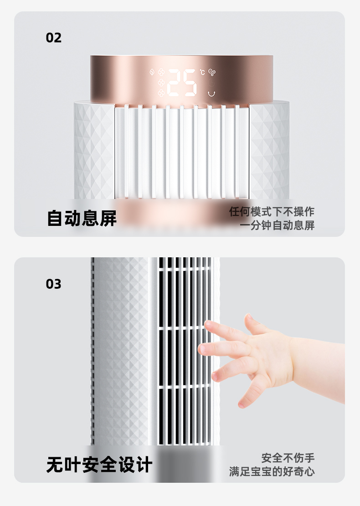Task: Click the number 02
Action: coord(54,38)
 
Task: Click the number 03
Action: coord(54,284)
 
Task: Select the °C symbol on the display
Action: coord(202,72)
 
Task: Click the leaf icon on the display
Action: coord(152,72)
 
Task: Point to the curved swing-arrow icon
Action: coord(211,93)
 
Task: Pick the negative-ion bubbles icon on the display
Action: coord(212,72)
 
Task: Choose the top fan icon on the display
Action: coord(161,72)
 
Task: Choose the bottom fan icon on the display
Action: coord(161,93)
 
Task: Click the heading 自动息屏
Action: coord(82,218)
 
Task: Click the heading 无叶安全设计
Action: coord(99,465)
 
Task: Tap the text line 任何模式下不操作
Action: coord(272,212)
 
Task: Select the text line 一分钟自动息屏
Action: coord(277,225)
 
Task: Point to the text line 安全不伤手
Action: coord(288,458)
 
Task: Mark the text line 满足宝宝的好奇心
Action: coord(272,471)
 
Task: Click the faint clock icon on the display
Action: coord(211,82)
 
